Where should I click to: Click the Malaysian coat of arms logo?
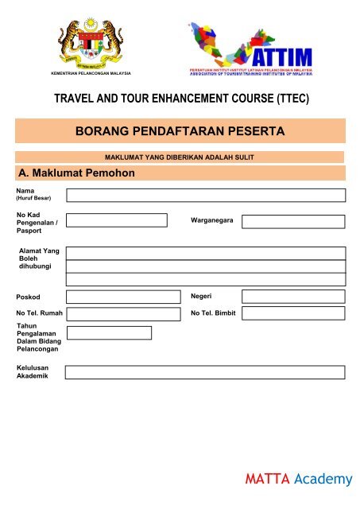[x=90, y=44]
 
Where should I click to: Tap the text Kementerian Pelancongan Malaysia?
[x=90, y=74]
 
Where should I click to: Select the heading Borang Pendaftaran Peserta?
[x=180, y=130]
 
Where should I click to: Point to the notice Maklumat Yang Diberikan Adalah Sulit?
[x=179, y=157]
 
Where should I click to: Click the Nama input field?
[x=205, y=196]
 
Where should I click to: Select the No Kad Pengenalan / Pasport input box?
[x=116, y=220]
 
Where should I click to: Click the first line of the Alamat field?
[x=205, y=253]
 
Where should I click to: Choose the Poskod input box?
[x=122, y=297]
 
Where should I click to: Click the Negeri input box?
[x=292, y=297]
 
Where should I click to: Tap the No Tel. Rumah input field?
[x=122, y=313]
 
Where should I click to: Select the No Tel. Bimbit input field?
[x=292, y=313]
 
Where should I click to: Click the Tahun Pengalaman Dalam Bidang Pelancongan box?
[x=108, y=332]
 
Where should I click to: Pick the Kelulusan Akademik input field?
[x=205, y=372]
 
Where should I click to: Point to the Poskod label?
[x=28, y=297]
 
